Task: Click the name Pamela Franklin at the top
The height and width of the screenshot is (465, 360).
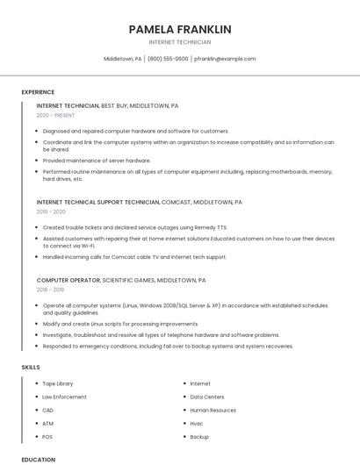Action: tap(179, 29)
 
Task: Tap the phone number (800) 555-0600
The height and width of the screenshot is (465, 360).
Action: tap(168, 59)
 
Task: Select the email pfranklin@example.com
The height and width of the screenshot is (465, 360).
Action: tap(225, 59)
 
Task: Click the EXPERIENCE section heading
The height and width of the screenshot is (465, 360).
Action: tap(38, 92)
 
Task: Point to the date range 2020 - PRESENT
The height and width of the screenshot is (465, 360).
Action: tap(55, 115)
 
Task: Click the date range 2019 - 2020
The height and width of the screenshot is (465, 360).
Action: tap(51, 211)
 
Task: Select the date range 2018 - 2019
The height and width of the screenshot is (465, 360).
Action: tap(50, 290)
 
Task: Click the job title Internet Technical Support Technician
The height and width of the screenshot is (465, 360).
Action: tap(98, 202)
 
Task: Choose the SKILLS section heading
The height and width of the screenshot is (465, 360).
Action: tap(30, 366)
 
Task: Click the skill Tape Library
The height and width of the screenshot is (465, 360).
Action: tap(58, 383)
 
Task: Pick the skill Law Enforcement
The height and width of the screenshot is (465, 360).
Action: tap(64, 397)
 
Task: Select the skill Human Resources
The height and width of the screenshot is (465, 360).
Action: tap(212, 410)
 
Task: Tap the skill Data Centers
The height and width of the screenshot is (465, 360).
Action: tap(207, 397)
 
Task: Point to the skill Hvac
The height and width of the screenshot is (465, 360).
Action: tap(198, 423)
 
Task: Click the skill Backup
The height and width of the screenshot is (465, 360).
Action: tap(199, 436)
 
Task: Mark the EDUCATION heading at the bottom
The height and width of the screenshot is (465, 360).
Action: tap(38, 460)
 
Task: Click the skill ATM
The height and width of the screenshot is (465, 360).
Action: tap(48, 423)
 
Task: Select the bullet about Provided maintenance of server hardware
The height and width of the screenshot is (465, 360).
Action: tap(97, 161)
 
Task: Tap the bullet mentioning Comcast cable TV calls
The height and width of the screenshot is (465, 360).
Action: tap(134, 257)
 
